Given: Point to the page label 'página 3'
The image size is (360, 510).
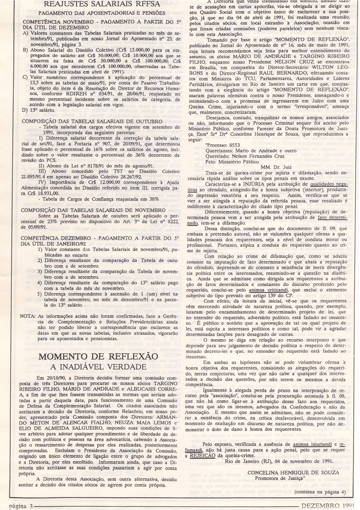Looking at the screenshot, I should (18, 506).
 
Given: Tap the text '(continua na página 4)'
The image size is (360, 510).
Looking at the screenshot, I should (320, 492).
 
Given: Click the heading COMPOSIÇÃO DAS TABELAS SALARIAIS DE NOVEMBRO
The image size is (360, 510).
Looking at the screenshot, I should (94, 209).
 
